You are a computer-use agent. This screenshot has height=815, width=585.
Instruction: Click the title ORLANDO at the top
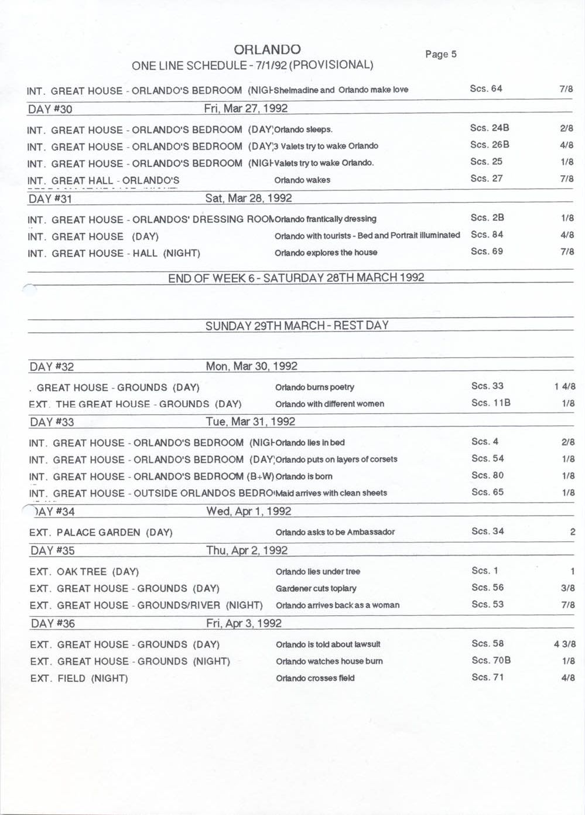[x=267, y=49]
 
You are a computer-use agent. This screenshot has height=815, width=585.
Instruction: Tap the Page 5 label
[x=440, y=54]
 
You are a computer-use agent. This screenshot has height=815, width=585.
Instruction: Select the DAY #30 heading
[x=50, y=109]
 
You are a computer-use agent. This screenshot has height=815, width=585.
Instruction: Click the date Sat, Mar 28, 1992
[x=248, y=198]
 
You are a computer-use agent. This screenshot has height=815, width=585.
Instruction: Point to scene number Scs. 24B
[x=489, y=128]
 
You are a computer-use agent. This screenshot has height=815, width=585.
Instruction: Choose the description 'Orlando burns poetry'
[x=314, y=387]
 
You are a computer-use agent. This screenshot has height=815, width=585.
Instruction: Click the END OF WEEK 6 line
[x=296, y=278]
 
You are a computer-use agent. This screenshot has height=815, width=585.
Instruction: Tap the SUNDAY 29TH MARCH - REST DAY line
[x=297, y=326]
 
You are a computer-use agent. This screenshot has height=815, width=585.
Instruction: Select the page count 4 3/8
[x=565, y=644]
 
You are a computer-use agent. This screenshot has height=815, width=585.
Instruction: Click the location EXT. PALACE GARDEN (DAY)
[x=101, y=533]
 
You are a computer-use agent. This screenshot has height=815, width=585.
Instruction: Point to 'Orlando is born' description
[x=304, y=476]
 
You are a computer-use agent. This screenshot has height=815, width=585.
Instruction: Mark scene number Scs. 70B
[x=491, y=660]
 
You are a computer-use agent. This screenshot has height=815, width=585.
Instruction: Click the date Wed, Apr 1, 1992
[x=248, y=511]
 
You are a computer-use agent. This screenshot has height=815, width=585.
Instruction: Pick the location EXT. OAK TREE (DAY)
[x=84, y=572]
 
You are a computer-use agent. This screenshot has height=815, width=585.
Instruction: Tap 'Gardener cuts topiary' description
[x=316, y=588]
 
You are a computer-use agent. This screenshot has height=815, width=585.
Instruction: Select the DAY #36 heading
[x=53, y=623]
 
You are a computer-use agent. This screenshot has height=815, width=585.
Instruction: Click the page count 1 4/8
[x=565, y=387]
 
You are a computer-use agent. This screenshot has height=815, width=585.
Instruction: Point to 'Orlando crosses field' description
[x=315, y=678]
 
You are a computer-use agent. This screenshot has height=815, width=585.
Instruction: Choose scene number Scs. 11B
[x=491, y=403]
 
